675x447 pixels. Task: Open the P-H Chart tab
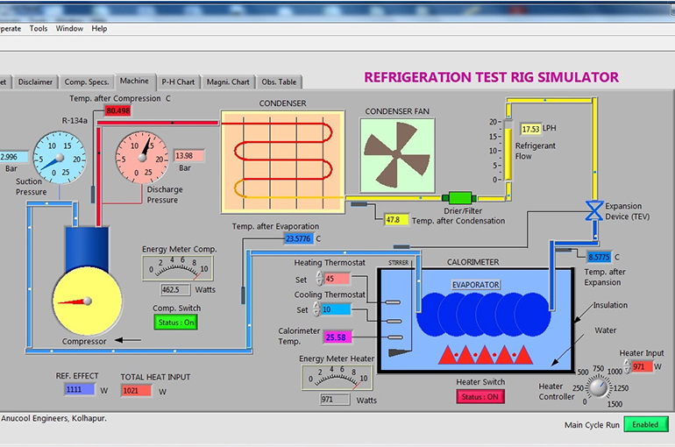click(178, 82)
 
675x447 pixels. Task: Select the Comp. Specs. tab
click(87, 82)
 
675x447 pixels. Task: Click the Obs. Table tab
click(279, 82)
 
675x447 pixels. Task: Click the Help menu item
click(99, 28)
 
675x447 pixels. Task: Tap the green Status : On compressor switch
click(176, 322)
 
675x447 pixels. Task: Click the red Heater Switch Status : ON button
click(480, 396)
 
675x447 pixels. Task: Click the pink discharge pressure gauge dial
click(142, 157)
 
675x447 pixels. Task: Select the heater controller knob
click(598, 387)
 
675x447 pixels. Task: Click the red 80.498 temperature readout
click(117, 110)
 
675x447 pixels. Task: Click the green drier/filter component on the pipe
click(458, 198)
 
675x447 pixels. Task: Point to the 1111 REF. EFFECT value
click(75, 390)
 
